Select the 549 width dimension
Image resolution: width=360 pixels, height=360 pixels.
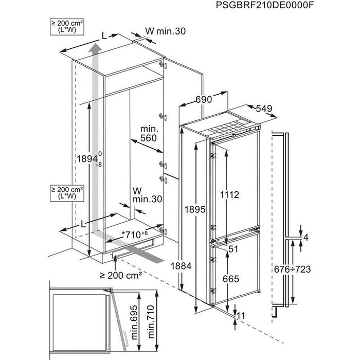[x=260, y=109]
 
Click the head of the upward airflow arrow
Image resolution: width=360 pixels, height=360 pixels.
[x=94, y=49]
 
